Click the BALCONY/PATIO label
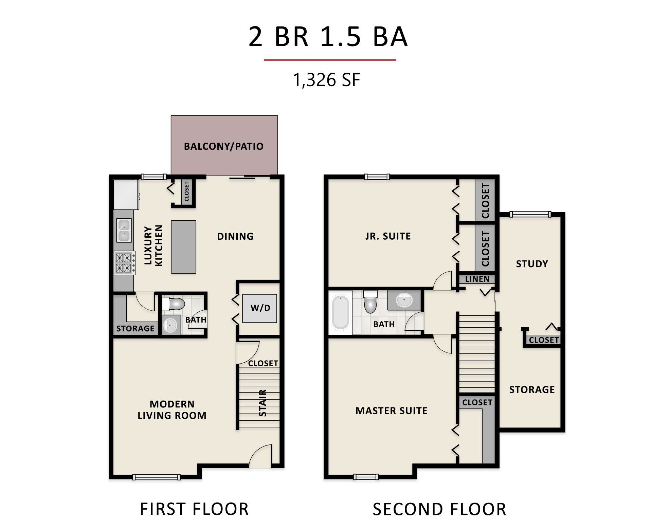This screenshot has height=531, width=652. click(x=223, y=146)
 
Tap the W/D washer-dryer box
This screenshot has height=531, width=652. click(x=259, y=308)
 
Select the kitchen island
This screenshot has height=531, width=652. click(x=183, y=247)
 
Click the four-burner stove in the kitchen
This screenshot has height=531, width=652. click(x=124, y=263)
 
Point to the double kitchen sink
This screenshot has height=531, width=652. click(x=124, y=230)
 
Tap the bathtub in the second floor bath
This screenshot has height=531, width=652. click(x=340, y=312)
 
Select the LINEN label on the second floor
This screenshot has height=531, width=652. click(x=477, y=279)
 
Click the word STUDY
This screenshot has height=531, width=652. click(x=532, y=264)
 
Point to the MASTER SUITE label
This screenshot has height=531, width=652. click(x=391, y=411)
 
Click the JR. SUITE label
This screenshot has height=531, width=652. click(x=388, y=236)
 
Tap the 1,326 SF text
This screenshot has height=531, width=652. click(x=326, y=80)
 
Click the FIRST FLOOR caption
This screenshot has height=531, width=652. click(x=194, y=509)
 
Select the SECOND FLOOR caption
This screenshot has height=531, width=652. click(x=439, y=509)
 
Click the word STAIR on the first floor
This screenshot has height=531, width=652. click(x=262, y=403)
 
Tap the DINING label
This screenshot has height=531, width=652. click(x=235, y=236)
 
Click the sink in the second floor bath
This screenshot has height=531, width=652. click(x=404, y=300)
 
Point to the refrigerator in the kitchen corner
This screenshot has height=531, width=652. click(x=126, y=195)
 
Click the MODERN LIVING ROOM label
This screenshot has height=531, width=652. click(x=172, y=410)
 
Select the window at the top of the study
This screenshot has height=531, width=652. click(x=530, y=214)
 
